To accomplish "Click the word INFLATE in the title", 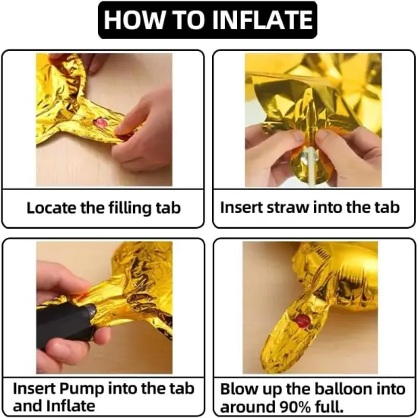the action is click(262, 20).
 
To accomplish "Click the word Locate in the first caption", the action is click(52, 207).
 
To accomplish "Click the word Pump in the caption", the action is click(81, 389).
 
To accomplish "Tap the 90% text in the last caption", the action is click(295, 407).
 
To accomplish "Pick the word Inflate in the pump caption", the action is click(71, 407).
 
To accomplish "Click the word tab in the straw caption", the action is click(388, 207).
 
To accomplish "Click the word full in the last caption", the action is click(329, 407).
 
